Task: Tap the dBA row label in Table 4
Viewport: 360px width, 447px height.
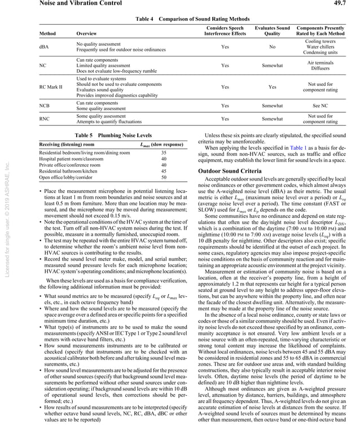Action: (x=43, y=47)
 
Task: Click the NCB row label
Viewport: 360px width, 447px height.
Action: (x=43, y=106)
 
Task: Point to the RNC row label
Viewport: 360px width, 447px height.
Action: (x=43, y=119)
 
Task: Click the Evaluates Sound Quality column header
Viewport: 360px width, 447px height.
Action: (x=272, y=30)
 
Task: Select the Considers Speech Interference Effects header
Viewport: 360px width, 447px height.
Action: (x=225, y=30)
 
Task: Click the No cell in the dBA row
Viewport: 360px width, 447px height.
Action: (x=272, y=47)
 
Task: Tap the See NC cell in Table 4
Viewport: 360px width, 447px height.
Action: (x=320, y=106)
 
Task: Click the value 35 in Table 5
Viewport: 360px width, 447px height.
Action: (x=164, y=153)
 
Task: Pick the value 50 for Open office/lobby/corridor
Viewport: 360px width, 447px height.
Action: (x=164, y=177)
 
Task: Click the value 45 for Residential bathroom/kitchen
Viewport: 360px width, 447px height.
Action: (x=164, y=171)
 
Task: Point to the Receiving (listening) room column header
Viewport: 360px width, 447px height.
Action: (x=71, y=146)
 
